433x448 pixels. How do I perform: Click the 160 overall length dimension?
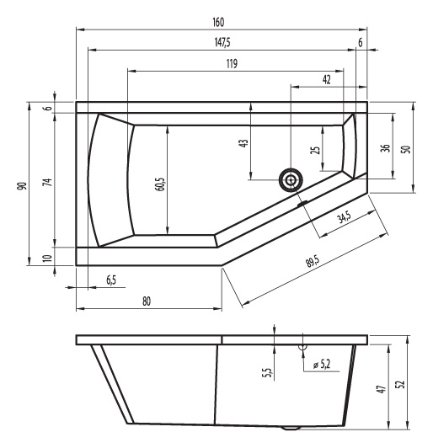tap(218, 22)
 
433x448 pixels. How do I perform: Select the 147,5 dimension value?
tap(222, 43)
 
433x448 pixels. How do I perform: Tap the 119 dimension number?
tap(232, 63)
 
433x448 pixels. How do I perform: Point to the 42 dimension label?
tap(326, 79)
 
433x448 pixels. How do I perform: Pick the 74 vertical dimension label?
tap(48, 182)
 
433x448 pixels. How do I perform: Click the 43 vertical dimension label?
tap(243, 143)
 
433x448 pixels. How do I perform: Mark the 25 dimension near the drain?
tap(316, 150)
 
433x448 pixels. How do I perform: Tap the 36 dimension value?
tap(386, 148)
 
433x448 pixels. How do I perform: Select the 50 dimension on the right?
tap(406, 149)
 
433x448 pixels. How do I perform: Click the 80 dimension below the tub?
tap(147, 301)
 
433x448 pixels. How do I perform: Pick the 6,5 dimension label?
tap(111, 280)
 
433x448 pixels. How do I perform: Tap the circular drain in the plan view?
tap(291, 180)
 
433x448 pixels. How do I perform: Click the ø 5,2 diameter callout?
tap(322, 365)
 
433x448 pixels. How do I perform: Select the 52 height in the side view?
tap(401, 384)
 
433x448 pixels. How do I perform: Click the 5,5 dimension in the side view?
tap(266, 372)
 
